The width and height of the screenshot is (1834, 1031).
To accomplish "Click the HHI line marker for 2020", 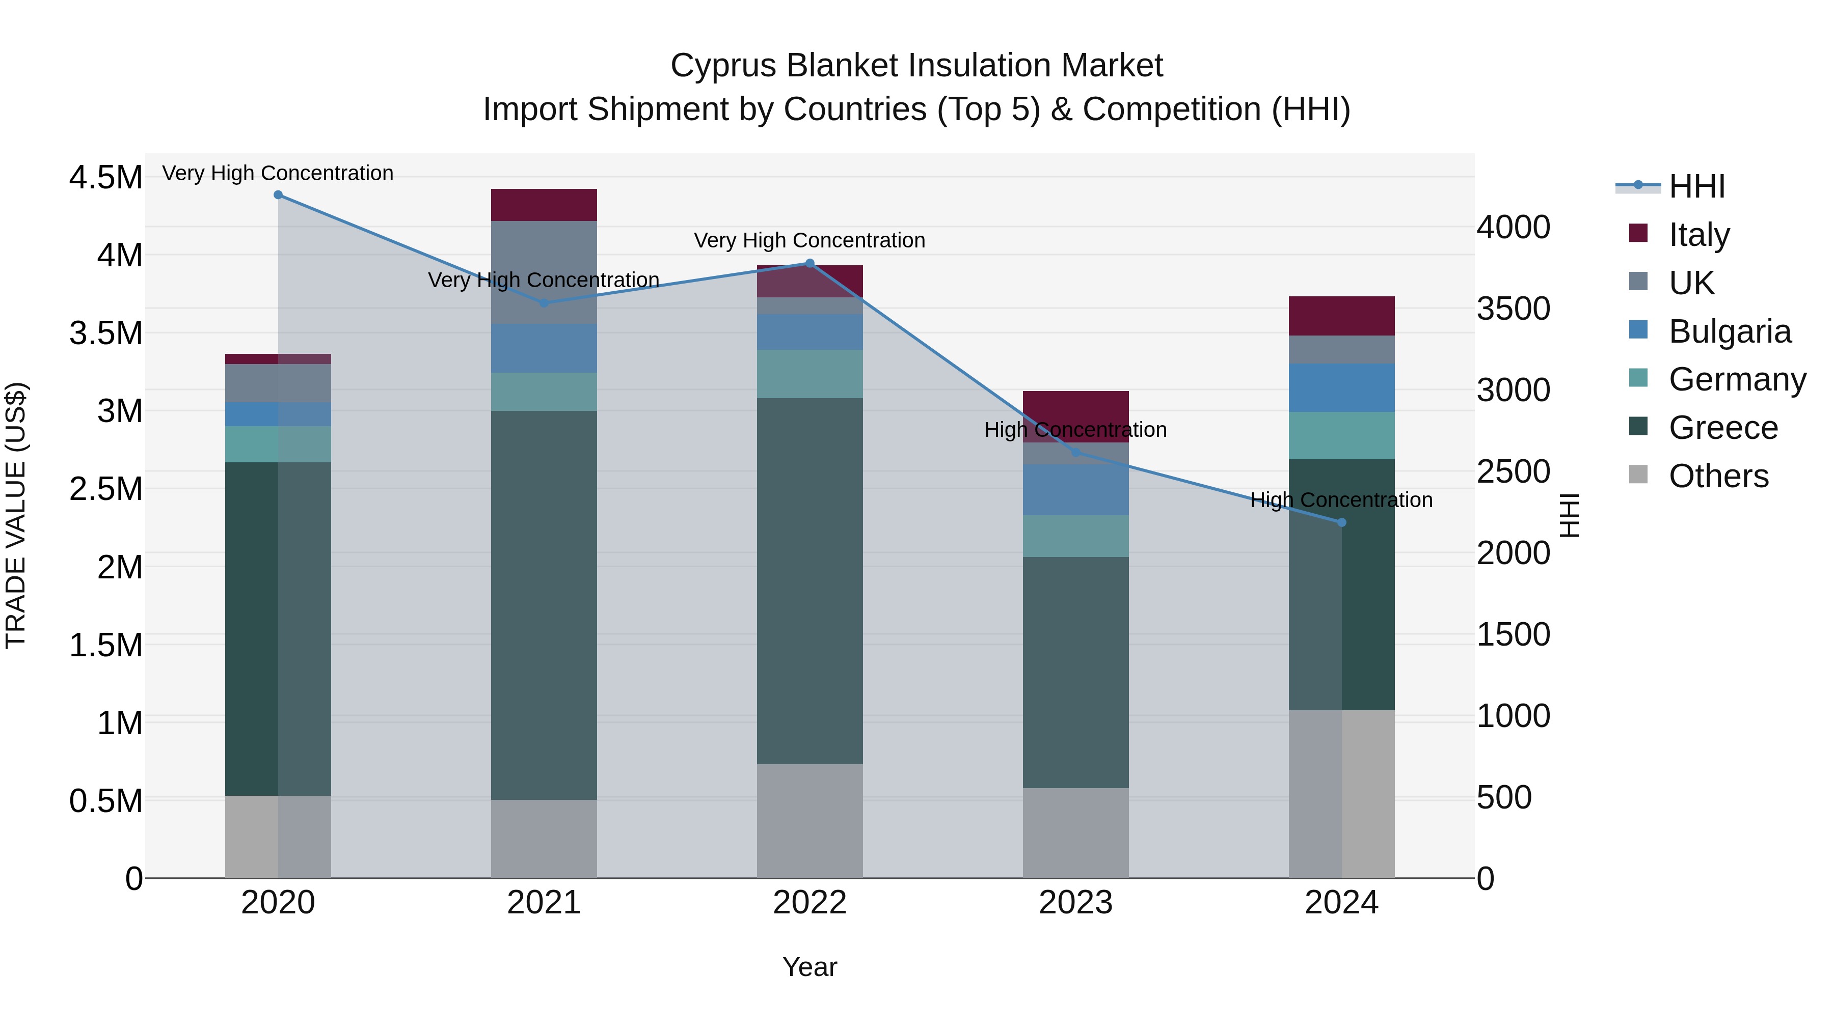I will click(x=278, y=195).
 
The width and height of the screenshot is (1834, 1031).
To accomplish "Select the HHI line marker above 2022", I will click(x=810, y=263).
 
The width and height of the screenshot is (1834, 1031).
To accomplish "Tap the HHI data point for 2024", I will click(x=1341, y=522).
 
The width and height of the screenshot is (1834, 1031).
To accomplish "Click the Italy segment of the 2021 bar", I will click(x=544, y=205).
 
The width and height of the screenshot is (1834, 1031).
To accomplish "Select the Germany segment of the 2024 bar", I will click(x=1341, y=435).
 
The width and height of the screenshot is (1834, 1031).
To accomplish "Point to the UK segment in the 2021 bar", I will click(x=544, y=272).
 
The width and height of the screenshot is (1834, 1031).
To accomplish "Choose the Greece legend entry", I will click(x=1723, y=428).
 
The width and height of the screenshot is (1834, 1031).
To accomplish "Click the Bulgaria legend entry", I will click(x=1730, y=331).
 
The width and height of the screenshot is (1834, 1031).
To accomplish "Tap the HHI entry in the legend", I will click(x=1696, y=186).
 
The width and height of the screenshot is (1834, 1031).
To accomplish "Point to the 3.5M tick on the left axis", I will click(x=105, y=333).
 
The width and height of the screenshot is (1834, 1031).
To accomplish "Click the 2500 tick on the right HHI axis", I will click(x=1513, y=472).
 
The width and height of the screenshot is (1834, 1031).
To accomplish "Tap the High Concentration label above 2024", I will click(x=1341, y=500).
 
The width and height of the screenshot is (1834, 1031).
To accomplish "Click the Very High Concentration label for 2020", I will click(x=278, y=173).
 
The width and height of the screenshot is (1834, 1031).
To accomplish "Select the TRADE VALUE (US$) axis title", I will click(x=16, y=515).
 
